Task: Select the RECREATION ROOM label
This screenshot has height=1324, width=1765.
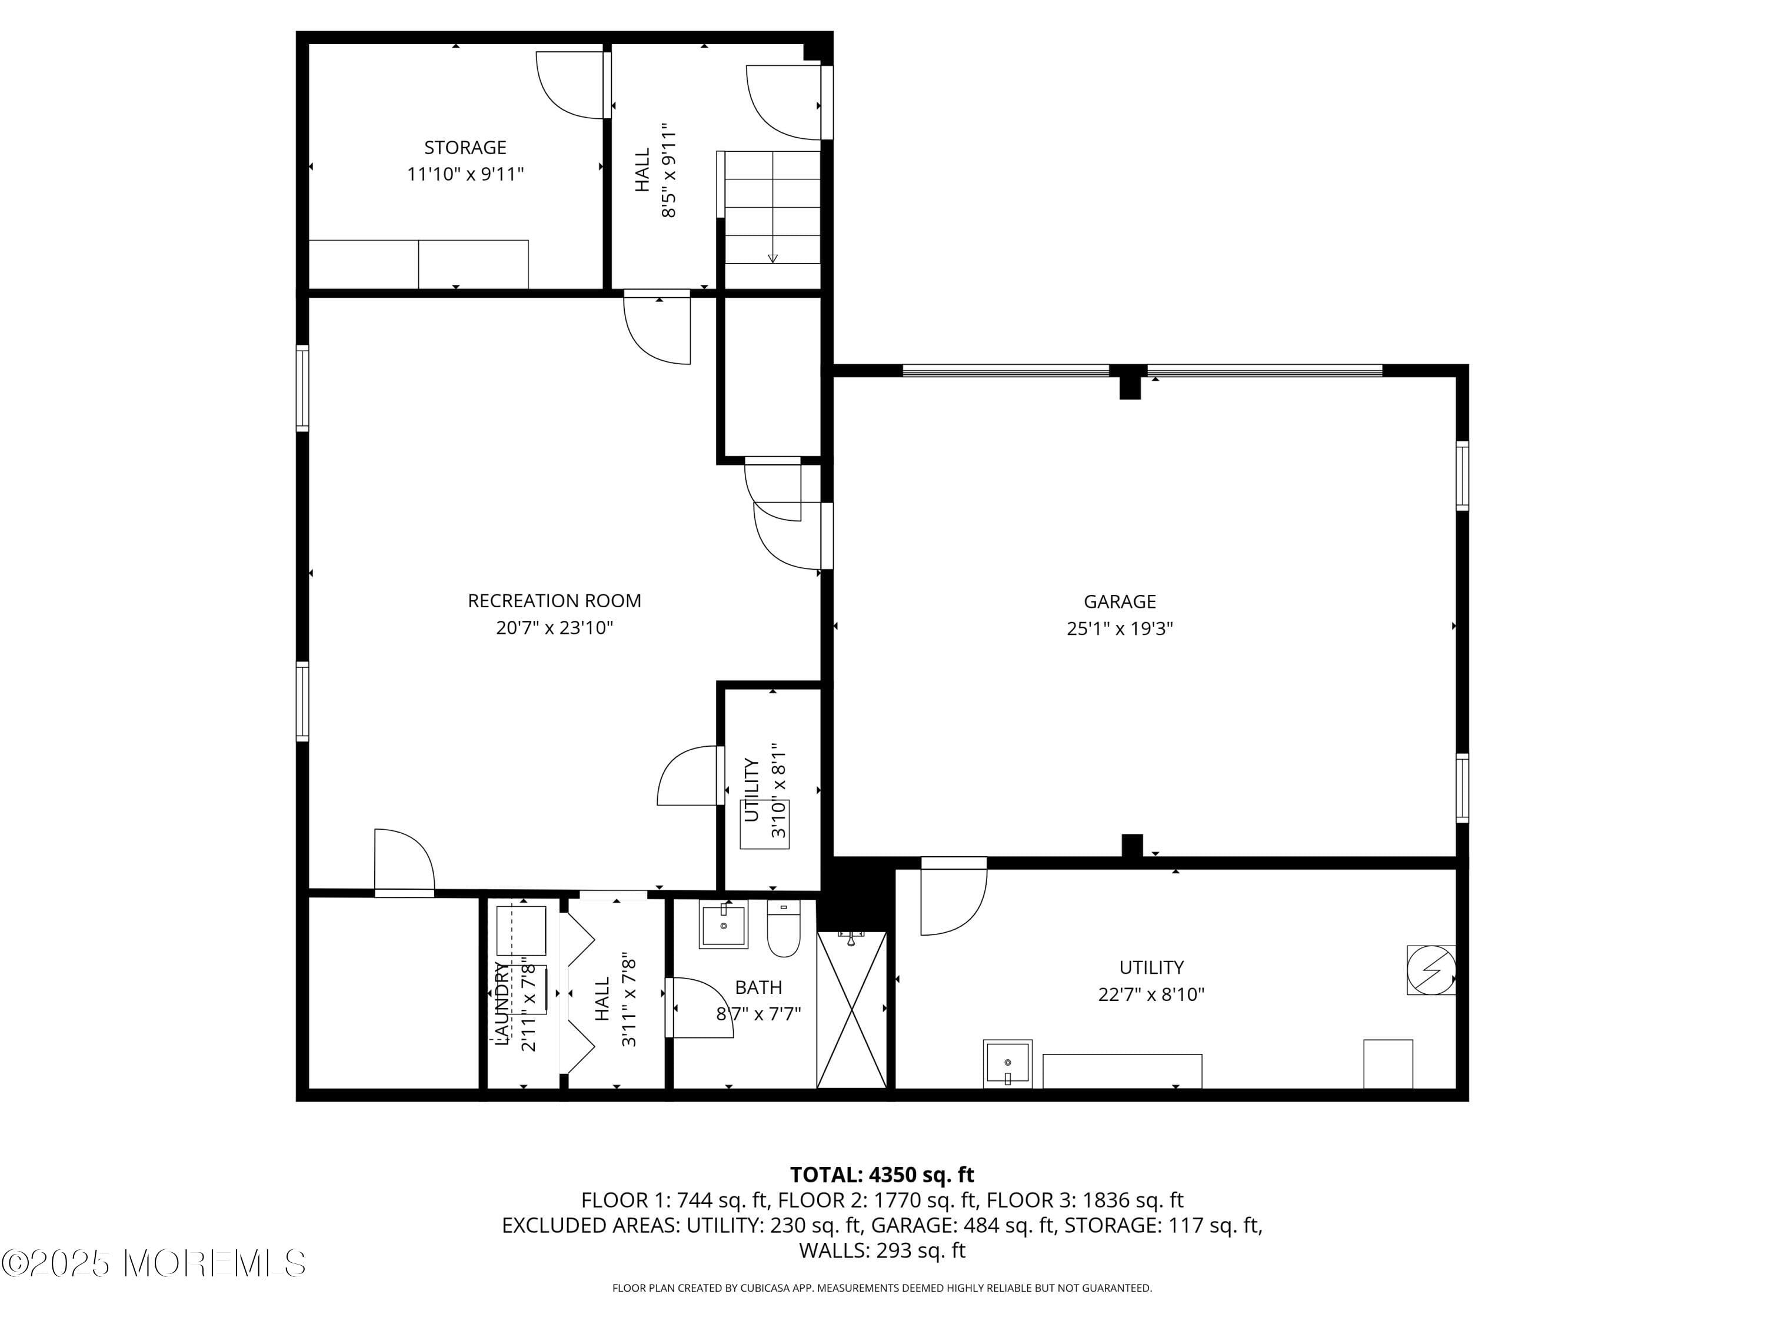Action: point(554,601)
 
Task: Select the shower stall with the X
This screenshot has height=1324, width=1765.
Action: point(851,1010)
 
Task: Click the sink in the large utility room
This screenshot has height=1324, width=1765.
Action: point(1007,1063)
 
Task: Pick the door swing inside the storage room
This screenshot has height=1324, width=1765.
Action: point(568,86)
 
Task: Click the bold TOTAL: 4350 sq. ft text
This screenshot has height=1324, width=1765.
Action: point(882,1175)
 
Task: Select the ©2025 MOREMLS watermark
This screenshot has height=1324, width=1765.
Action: point(153,1263)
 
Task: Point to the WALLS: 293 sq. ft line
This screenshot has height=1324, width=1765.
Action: point(882,1250)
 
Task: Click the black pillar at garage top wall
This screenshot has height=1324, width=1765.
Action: point(1129,383)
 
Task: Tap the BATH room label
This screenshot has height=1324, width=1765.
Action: point(757,988)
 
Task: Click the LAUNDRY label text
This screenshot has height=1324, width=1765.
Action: point(501,1004)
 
